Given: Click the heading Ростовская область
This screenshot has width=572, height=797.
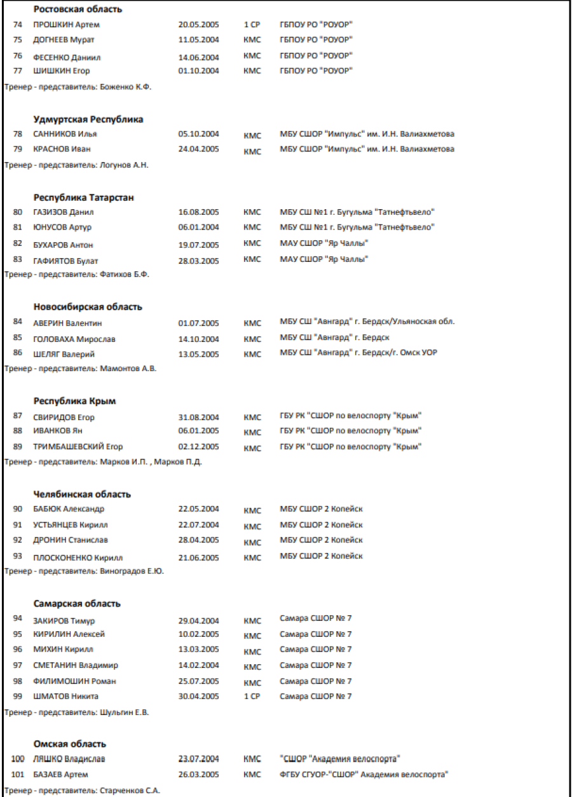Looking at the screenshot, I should [78, 10].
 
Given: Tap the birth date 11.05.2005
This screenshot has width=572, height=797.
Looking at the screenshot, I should [198, 39].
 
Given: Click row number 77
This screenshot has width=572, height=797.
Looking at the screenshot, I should [18, 71].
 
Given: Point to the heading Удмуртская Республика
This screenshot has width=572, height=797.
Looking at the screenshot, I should [88, 119].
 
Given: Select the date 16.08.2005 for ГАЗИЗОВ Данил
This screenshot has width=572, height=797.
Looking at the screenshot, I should [198, 212].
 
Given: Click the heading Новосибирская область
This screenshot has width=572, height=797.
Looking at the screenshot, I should [88, 307].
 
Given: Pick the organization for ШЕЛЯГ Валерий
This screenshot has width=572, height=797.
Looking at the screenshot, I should [358, 353].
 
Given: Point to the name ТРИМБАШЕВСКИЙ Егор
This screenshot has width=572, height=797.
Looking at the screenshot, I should [78, 447].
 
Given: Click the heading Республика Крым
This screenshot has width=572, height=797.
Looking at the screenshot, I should [74, 401].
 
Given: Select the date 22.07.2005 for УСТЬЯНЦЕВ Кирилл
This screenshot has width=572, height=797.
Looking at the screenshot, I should [198, 525].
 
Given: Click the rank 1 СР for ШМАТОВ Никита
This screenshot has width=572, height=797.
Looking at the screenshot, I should [252, 697].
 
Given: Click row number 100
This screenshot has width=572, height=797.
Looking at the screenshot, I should [17, 759].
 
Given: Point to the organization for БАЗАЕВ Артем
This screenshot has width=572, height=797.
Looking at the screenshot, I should [364, 775].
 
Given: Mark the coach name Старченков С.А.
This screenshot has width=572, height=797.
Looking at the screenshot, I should [130, 791].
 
